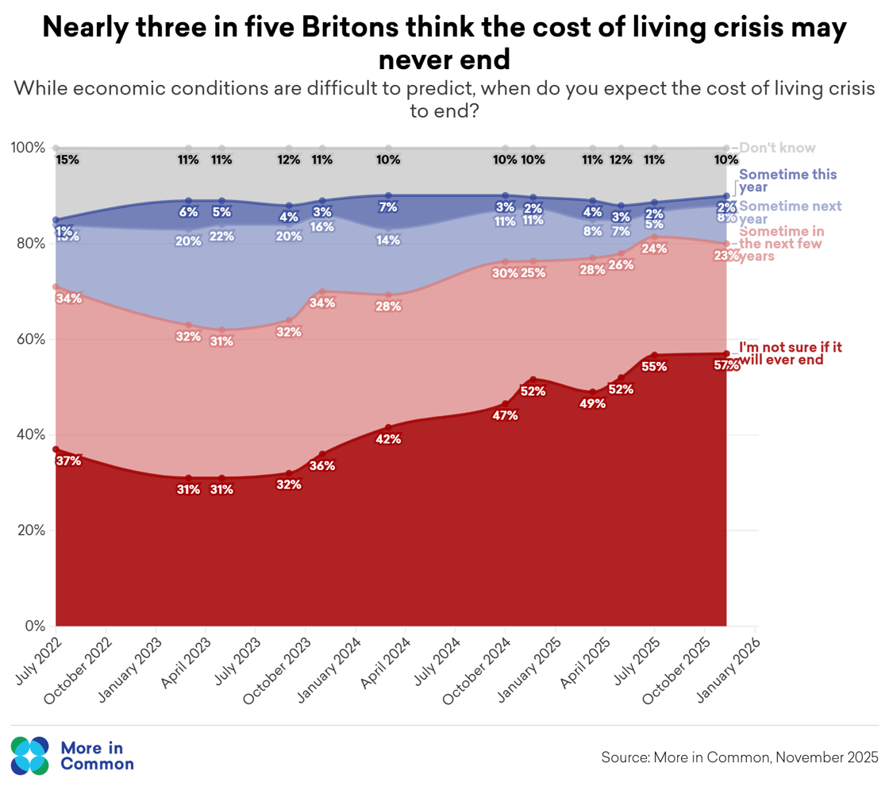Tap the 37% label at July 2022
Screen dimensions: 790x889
coord(68,461)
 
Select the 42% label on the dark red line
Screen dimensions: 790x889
coord(388,439)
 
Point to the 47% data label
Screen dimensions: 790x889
coord(505,414)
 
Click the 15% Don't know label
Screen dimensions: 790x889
coord(67,160)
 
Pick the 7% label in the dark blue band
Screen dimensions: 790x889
coord(388,207)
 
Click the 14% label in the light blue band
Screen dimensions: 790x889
coord(388,241)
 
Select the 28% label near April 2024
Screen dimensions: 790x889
coord(388,306)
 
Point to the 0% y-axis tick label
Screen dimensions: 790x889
coord(36,626)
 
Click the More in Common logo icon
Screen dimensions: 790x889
coord(30,755)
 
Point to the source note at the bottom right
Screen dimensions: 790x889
coord(739,757)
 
